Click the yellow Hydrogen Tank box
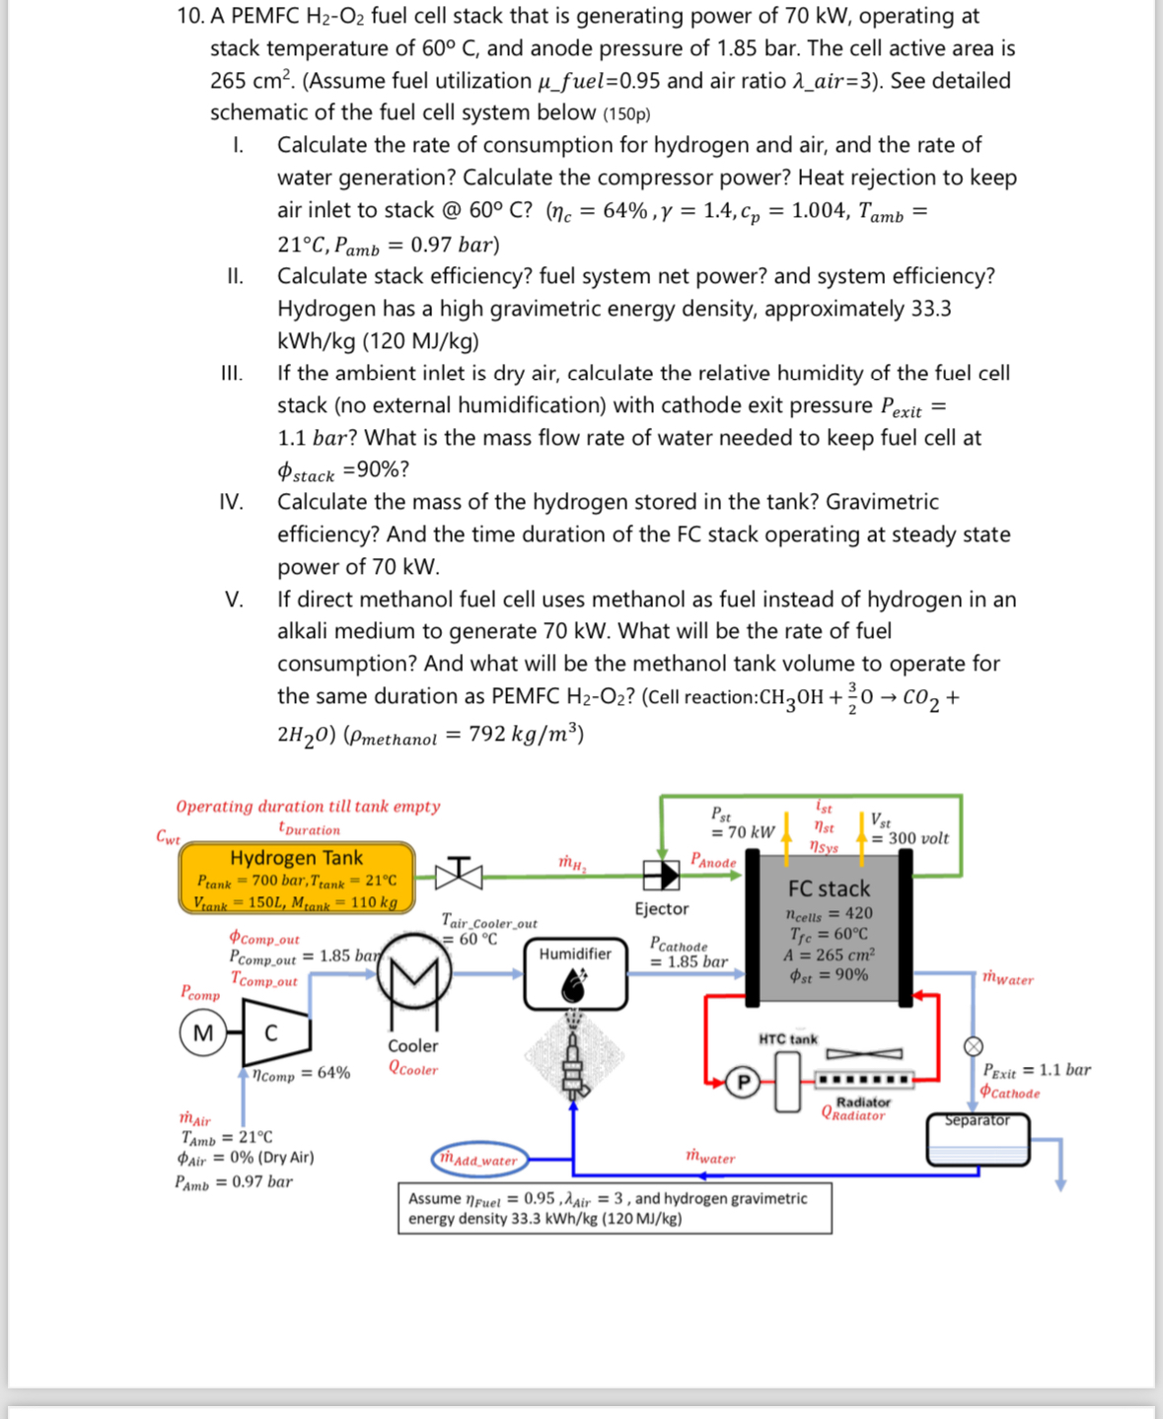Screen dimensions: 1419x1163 pyautogui.click(x=296, y=877)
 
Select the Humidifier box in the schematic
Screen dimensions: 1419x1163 pyautogui.click(x=575, y=973)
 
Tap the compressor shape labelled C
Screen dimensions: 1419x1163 pyautogui.click(x=275, y=1032)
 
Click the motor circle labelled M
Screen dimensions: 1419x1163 pyautogui.click(x=202, y=1033)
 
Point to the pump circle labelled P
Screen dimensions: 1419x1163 pyautogui.click(x=744, y=1083)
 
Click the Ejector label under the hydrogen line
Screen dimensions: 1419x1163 pyautogui.click(x=661, y=908)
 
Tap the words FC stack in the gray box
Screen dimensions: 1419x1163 pyautogui.click(x=829, y=888)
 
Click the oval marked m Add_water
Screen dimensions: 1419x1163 pyautogui.click(x=478, y=1159)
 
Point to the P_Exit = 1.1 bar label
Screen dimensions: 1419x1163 pyautogui.click(x=1036, y=1070)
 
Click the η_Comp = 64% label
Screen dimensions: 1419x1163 pyautogui.click(x=301, y=1074)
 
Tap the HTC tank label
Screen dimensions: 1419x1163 pyautogui.click(x=787, y=1039)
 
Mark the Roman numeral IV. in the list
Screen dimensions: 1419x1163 pyautogui.click(x=232, y=502)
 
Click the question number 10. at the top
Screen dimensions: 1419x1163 pyautogui.click(x=189, y=16)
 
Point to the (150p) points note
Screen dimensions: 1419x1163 pyautogui.click(x=626, y=113)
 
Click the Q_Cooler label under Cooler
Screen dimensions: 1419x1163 pyautogui.click(x=412, y=1068)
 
